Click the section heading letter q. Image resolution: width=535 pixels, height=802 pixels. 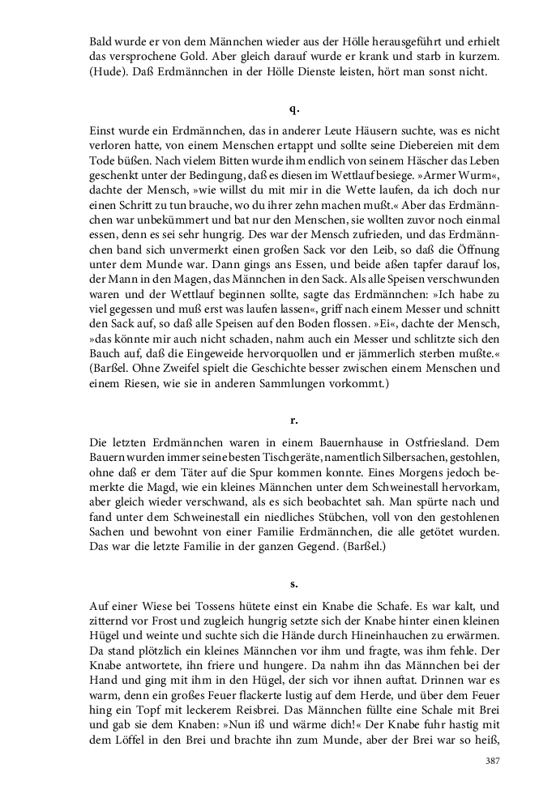(x=293, y=109)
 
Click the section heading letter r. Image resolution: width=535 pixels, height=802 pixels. (x=293, y=420)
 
